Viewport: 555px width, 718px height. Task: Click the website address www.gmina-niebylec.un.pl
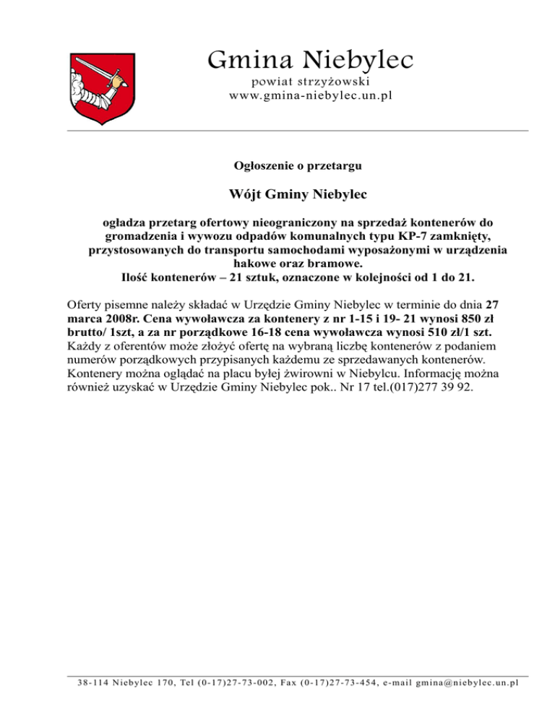[x=310, y=95]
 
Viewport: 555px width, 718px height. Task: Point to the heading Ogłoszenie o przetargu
[x=298, y=165]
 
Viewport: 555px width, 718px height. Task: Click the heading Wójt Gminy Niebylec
[x=298, y=195]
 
